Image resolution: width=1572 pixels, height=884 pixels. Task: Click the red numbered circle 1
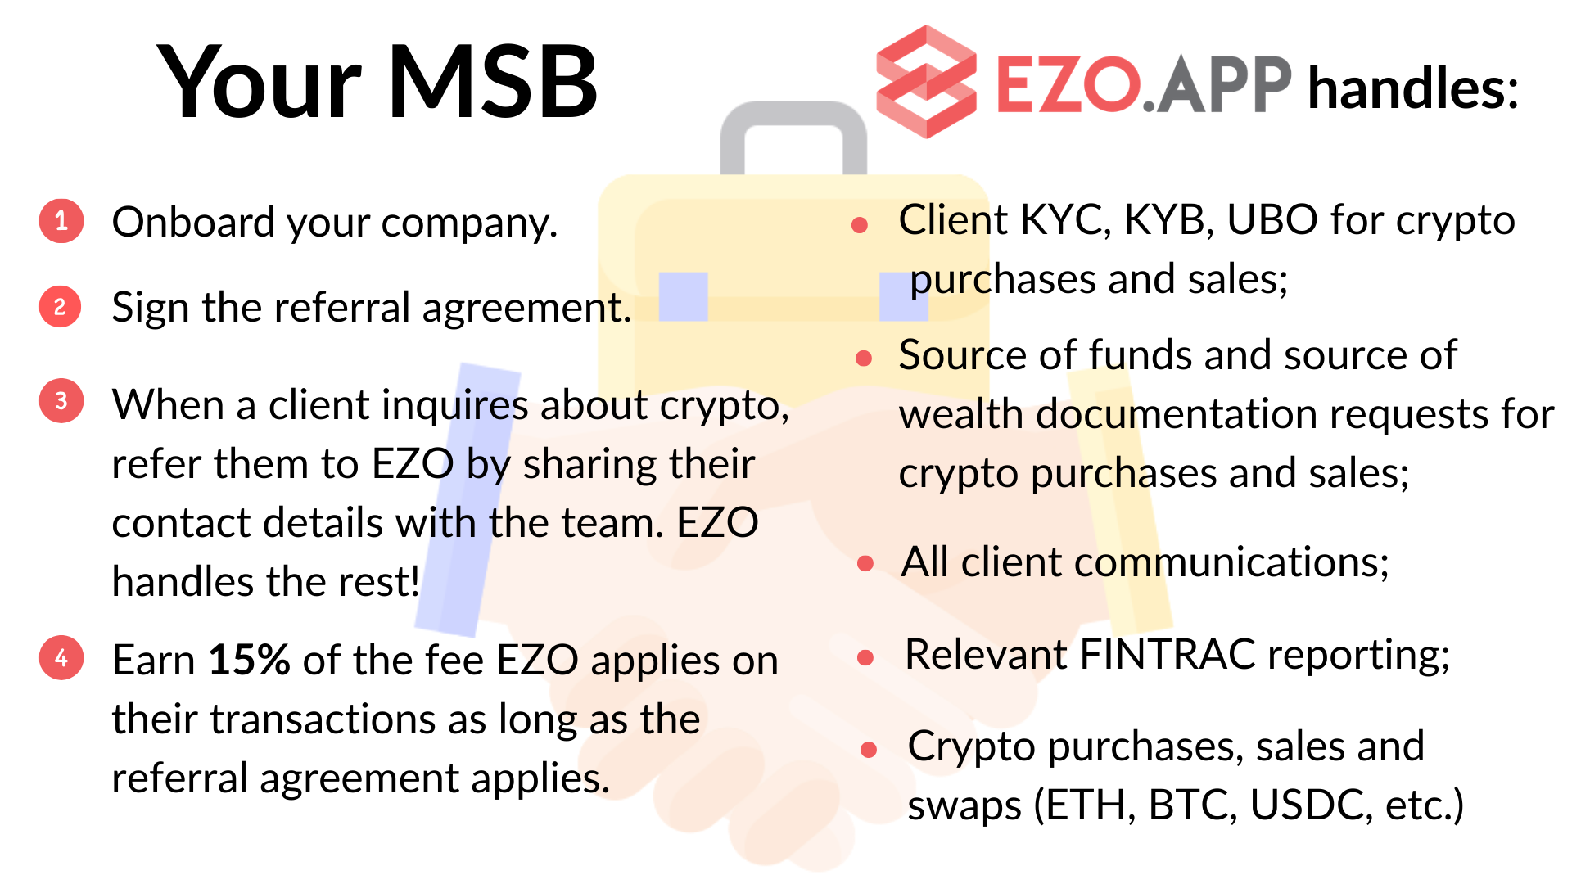pos(61,221)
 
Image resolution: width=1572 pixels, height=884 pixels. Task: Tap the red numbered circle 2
pos(61,307)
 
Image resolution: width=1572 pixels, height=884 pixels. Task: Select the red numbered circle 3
pos(61,401)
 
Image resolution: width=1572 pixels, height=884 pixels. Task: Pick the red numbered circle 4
pos(61,658)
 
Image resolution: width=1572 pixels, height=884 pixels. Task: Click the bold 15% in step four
pos(249,660)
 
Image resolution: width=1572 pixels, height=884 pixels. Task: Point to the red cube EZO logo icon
pos(926,82)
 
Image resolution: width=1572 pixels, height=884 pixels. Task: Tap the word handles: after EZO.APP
pos(1413,88)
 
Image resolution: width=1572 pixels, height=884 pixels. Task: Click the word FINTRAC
pos(1168,655)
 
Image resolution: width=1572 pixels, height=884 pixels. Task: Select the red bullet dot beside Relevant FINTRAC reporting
pos(865,657)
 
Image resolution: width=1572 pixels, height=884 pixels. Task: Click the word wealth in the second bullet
pos(961,415)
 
